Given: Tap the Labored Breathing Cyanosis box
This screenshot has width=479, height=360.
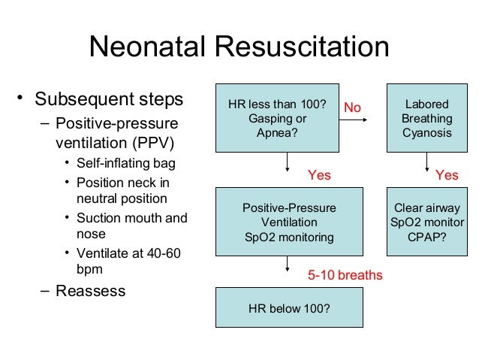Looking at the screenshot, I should [x=426, y=118].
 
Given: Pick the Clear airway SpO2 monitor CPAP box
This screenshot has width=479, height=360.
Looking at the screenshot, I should [x=426, y=222].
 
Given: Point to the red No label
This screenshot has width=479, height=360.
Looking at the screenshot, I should [x=352, y=108].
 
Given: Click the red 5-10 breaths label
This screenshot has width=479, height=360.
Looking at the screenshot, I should [x=345, y=276].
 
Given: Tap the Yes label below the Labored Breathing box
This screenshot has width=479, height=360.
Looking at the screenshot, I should [x=447, y=175].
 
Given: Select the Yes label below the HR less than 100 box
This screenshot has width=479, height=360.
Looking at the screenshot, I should [x=319, y=175].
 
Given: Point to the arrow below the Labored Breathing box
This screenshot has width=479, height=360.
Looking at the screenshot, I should [x=426, y=165].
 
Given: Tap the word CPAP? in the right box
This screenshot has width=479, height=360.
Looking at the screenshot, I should [x=426, y=237].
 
